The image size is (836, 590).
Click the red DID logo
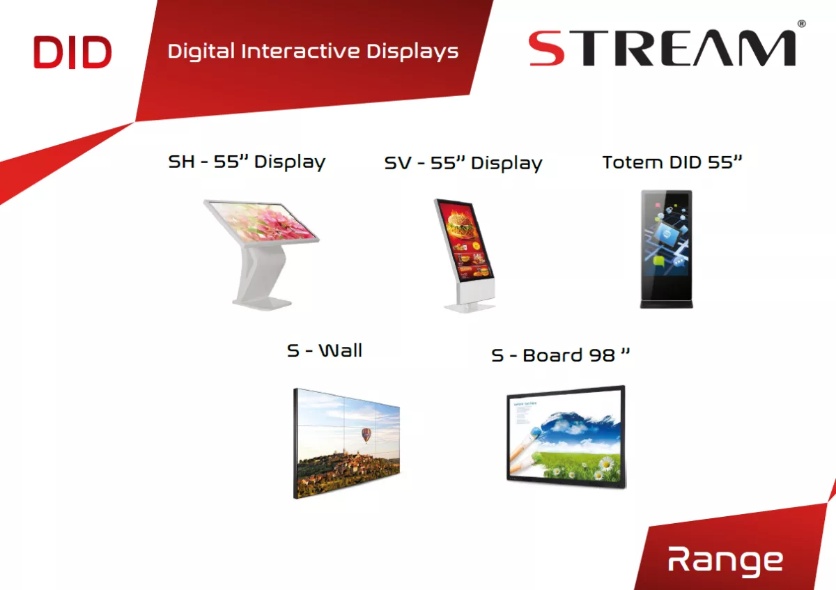tap(72, 52)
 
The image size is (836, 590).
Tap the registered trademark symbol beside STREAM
tap(801, 24)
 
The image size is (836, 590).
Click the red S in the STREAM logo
tap(546, 49)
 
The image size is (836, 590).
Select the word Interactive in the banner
tap(300, 51)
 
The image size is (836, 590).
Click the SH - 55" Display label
tap(247, 162)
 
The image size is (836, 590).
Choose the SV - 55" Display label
tap(463, 163)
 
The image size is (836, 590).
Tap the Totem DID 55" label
tap(672, 162)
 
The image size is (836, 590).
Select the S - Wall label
tap(325, 350)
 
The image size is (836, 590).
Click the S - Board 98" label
tap(560, 355)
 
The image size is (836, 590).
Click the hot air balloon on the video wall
tap(366, 435)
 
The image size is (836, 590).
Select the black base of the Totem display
tap(667, 304)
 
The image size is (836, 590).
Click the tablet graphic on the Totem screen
tap(666, 237)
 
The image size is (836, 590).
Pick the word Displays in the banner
tap(412, 52)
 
